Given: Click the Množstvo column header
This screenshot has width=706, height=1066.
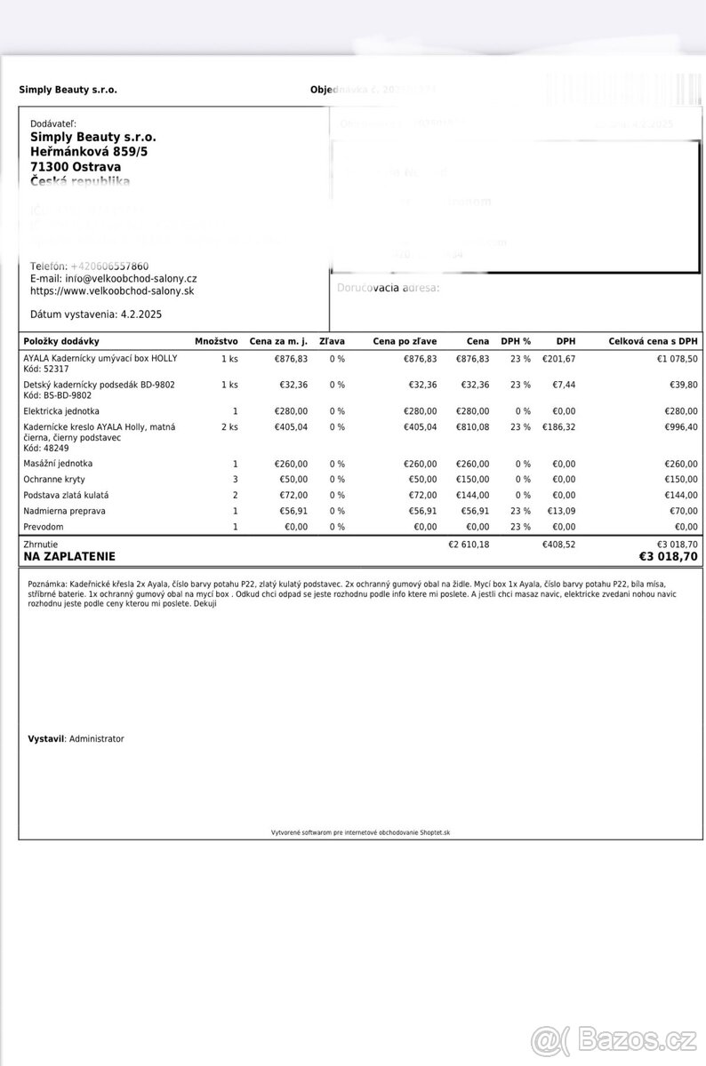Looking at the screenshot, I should (216, 341).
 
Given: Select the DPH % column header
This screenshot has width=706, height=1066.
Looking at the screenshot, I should (516, 341).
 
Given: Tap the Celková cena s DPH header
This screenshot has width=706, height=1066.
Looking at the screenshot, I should (653, 341).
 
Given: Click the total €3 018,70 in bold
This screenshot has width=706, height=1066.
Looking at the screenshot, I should (668, 557).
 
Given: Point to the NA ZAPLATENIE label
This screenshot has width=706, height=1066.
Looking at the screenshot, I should (69, 557).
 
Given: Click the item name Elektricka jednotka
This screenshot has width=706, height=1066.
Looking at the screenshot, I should (61, 411).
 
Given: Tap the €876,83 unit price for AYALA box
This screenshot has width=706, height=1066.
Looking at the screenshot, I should (291, 359).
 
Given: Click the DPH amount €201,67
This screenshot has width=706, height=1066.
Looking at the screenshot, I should (558, 359).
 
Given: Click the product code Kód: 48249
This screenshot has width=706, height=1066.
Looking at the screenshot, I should (45, 449).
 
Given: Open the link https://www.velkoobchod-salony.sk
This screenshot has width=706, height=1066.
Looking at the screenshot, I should (112, 290).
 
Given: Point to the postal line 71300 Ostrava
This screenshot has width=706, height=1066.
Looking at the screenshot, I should (76, 166).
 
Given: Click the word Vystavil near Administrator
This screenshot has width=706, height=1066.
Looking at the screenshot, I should (46, 739).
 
